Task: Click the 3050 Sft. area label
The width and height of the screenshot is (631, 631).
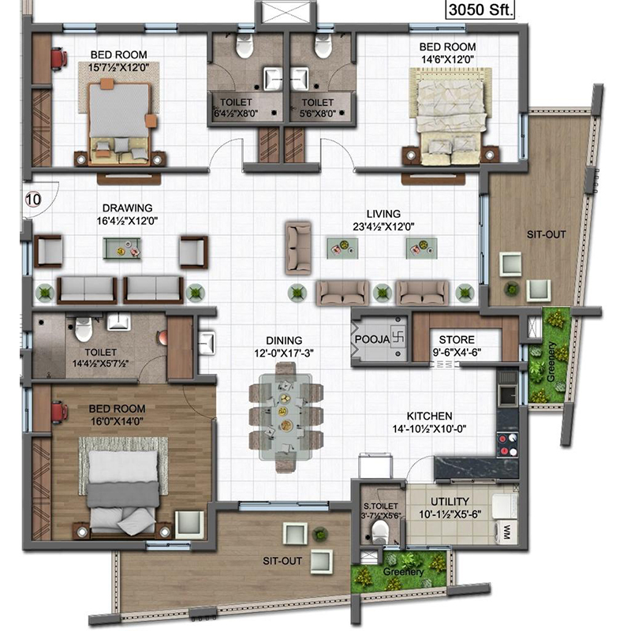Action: coord(480,9)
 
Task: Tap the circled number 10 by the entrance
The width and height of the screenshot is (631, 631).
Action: coord(33,200)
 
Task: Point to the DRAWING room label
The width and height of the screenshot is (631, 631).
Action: coord(127,208)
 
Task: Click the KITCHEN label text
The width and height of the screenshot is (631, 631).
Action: coord(429,416)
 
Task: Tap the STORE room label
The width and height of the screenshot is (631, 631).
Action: coord(457,340)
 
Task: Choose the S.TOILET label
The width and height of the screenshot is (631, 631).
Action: coord(380,506)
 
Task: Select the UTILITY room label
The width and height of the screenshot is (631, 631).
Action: coord(450,502)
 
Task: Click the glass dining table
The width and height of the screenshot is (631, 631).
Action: coord(286,417)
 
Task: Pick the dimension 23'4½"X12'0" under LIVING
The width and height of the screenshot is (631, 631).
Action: coord(383,227)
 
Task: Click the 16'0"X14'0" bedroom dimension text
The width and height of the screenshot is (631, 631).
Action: coord(117,421)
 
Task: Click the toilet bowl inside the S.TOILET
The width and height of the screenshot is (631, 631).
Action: coord(379,532)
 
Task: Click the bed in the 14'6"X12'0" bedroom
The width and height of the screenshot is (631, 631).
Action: coord(450,117)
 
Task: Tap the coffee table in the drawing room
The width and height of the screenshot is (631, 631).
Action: coord(122,248)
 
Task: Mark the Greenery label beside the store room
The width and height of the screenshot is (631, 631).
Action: coord(551,361)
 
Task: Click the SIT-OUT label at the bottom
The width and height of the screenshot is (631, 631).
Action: coord(282,561)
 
